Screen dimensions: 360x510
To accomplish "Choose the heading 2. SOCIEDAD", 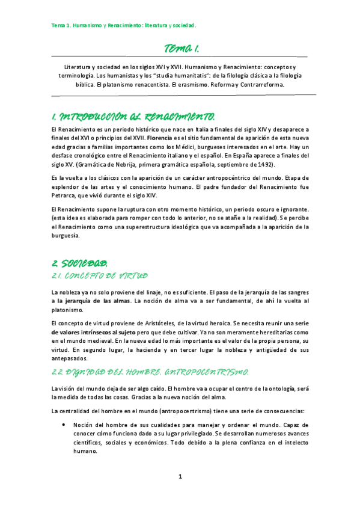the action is coord(80,263).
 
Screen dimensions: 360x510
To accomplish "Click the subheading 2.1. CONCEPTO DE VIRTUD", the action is coord(99,276).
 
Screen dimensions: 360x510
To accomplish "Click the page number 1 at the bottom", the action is coord(180,477).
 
